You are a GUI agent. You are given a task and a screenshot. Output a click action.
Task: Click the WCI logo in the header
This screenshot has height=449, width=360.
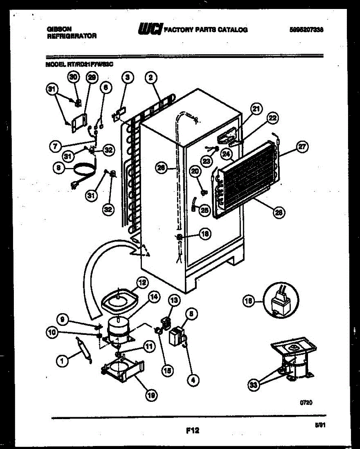[149, 29]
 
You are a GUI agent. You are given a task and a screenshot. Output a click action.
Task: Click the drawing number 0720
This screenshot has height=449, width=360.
[306, 403]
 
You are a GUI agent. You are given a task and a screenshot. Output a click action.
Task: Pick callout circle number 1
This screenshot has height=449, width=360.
[62, 360]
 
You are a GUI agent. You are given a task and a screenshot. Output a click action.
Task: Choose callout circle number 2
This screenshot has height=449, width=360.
[150, 78]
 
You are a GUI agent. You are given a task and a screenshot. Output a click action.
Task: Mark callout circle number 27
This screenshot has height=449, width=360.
[301, 147]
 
